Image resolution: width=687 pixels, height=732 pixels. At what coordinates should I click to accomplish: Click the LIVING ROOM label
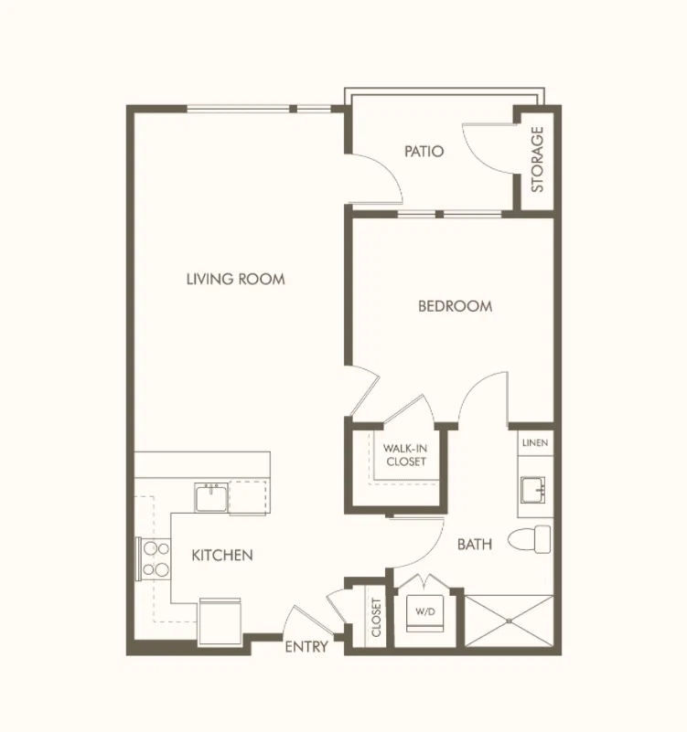235,279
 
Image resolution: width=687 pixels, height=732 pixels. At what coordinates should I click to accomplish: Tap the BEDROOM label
456,306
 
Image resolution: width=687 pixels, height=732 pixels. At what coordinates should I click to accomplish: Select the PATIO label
424,152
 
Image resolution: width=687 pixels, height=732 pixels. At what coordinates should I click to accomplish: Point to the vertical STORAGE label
538,160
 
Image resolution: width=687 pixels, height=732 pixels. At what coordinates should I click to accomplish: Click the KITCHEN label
222,555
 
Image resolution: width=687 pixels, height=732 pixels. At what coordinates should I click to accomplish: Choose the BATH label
475,545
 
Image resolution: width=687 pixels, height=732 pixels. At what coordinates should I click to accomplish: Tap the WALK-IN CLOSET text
405,455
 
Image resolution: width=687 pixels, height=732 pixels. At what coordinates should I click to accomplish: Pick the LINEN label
535,442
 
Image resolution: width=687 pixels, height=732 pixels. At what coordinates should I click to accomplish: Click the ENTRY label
306,647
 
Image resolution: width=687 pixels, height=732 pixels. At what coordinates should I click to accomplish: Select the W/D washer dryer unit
424,613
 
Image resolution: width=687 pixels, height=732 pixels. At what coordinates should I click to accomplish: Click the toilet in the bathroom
530,539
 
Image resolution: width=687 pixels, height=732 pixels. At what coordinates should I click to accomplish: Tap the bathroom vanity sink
533,490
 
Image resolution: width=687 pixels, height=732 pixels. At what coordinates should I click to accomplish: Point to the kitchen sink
211,498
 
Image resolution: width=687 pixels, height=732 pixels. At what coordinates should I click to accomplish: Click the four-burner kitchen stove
154,559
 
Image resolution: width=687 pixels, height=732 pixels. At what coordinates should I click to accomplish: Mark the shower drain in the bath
510,621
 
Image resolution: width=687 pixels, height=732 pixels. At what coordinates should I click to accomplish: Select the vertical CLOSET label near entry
376,617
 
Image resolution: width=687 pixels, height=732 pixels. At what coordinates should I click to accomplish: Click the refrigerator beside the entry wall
220,621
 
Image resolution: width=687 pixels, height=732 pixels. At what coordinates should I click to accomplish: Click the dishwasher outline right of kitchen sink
248,498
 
